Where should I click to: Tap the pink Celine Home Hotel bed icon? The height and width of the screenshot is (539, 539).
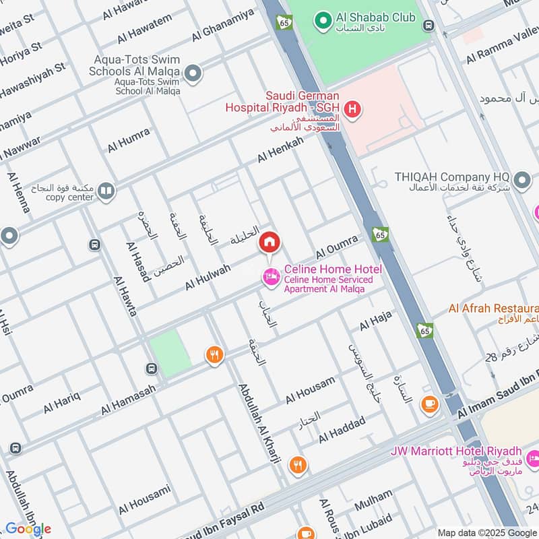(x=271, y=276)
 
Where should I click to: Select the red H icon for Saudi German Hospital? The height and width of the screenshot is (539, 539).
(x=350, y=108)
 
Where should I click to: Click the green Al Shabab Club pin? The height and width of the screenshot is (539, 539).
(x=323, y=21)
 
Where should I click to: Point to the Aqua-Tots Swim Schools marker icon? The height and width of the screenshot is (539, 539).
(x=193, y=73)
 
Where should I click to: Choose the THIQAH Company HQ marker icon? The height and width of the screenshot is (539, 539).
(x=521, y=180)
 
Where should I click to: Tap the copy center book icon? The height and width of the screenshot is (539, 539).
(x=106, y=192)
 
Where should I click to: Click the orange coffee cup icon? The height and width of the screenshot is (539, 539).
(x=429, y=404)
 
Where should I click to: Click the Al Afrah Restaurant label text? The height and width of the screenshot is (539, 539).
(x=493, y=309)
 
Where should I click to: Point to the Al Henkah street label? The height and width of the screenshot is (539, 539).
(x=280, y=150)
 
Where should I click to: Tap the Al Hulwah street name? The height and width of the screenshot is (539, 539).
(x=208, y=278)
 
